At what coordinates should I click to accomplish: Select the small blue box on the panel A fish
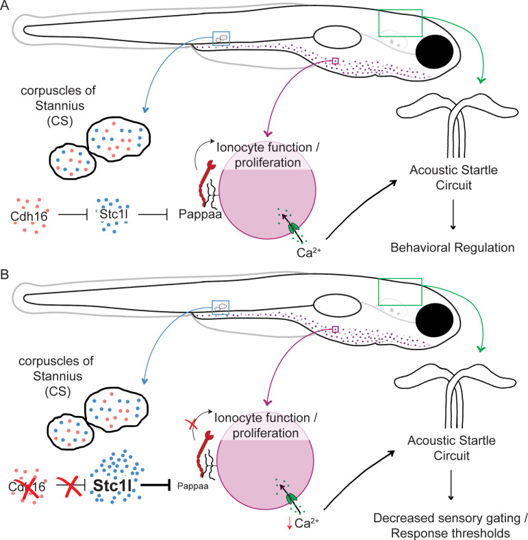click(221, 40)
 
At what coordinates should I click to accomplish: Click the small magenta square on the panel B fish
click(336, 330)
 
